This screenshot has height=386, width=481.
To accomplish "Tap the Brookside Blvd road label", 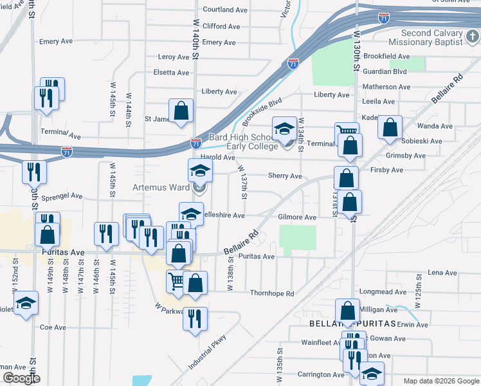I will (x=262, y=111).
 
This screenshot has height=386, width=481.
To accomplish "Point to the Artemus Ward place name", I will (x=161, y=188).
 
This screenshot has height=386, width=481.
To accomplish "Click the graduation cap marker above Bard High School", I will (x=284, y=129).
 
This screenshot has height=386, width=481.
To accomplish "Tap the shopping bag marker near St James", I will (x=181, y=111).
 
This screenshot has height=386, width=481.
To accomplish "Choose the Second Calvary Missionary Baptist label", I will (x=431, y=37).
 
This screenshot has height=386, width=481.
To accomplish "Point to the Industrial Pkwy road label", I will (x=208, y=352).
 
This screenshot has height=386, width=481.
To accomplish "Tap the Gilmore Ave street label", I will (x=297, y=217).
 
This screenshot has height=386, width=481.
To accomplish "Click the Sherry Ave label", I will (x=285, y=176).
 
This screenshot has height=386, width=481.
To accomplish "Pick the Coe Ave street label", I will (x=53, y=327).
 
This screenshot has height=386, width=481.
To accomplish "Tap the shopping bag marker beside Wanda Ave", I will (x=390, y=128).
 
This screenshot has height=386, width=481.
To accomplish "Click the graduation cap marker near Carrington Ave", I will (x=372, y=373).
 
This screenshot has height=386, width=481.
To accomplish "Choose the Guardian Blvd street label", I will (x=386, y=71).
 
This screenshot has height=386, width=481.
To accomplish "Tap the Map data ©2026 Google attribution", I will (x=440, y=381).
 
